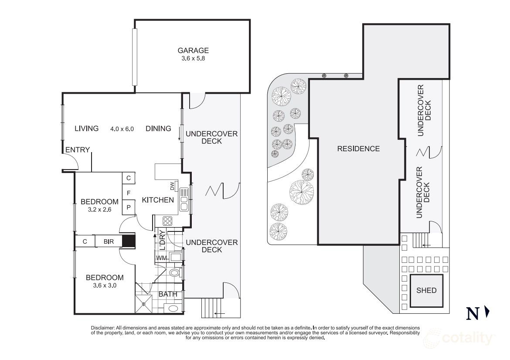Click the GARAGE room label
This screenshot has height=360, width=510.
coord(192,51)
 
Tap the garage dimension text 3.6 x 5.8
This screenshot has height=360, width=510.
coord(192,58)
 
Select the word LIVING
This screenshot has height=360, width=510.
coord(86,129)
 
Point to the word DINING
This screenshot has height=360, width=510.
coord(158,129)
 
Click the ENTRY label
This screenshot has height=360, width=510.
coord(78,150)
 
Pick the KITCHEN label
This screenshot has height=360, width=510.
coord(158,200)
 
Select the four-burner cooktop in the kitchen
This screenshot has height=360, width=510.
coord(167,221)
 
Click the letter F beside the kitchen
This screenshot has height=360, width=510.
coord(129,193)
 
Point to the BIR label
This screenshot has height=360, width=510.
coord(109,241)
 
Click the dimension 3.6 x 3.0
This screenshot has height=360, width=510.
coord(105,286)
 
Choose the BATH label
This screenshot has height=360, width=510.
coord(168,294)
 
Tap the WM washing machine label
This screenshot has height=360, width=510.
coord(161,258)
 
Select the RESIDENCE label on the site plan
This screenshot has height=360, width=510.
coord(358,149)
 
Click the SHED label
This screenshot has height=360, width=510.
coord(426,290)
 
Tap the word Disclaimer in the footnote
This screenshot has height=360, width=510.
coord(102,327)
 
